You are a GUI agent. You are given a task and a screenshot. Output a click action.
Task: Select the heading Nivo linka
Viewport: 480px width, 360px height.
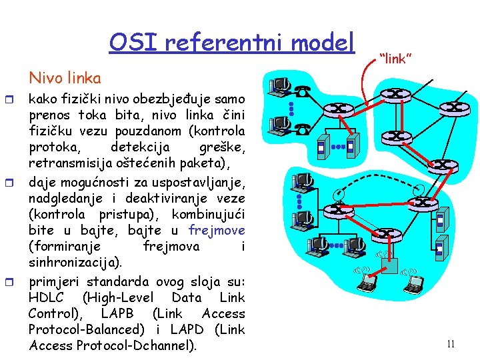point(65,78)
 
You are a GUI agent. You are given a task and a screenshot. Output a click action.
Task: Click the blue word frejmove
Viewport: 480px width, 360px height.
point(217,231)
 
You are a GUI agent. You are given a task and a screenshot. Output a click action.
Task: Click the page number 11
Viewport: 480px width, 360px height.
point(451,344)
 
